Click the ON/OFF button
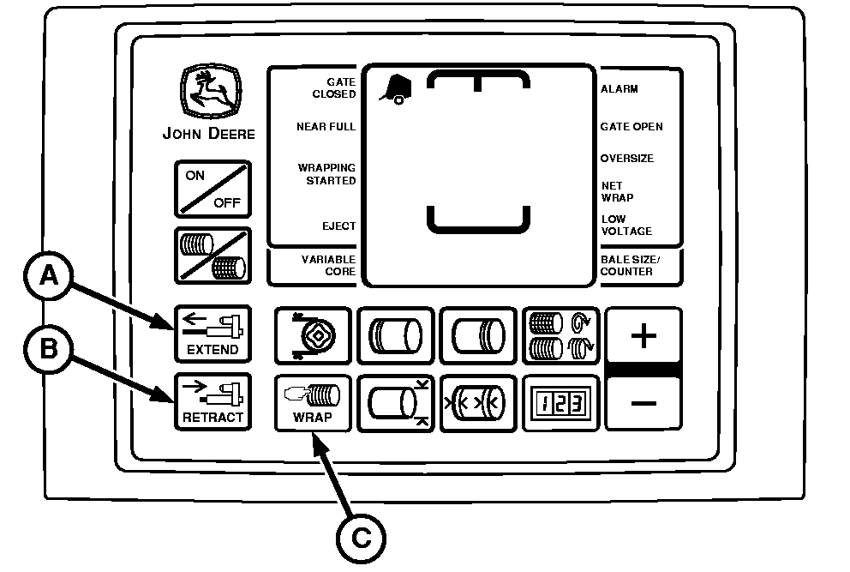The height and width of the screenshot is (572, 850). pos(213,189)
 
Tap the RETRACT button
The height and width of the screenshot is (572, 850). pos(212,402)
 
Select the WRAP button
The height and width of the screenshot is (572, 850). pos(312,402)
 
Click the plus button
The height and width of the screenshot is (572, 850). pos(643,335)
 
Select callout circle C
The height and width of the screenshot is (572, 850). pos(361,537)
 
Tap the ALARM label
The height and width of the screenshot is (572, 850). pos(620,89)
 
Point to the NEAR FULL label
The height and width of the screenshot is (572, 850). pos(326,127)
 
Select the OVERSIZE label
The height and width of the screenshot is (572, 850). pos(627,159)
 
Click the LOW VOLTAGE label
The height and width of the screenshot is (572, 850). pos(626,226)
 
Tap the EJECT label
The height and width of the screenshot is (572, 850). pos(340,226)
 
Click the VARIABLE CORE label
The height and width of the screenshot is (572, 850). pos(328,266)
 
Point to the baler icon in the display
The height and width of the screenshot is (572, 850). pos(394,88)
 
